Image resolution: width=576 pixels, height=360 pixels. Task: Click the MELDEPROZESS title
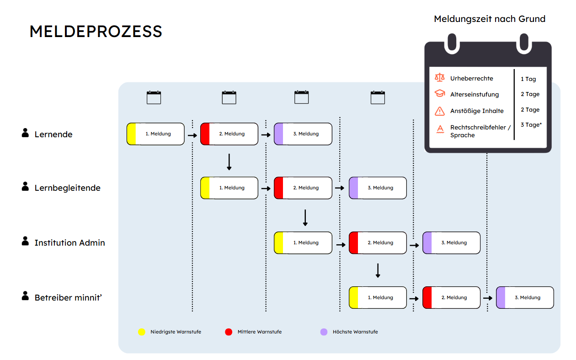pyautogui.click(x=96, y=32)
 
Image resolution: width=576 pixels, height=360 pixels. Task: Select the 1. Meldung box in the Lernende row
pyautogui.click(x=155, y=134)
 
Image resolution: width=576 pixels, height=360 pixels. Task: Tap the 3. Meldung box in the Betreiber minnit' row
pyautogui.click(x=525, y=297)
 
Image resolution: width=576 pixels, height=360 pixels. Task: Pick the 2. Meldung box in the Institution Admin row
pyautogui.click(x=378, y=242)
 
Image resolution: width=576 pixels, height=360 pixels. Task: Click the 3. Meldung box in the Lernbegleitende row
pyautogui.click(x=378, y=188)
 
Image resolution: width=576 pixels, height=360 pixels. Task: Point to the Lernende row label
pyautogui.click(x=53, y=134)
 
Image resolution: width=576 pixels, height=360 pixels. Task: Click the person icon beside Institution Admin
pyautogui.click(x=25, y=241)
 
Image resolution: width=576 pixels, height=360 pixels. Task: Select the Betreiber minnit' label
pyautogui.click(x=68, y=297)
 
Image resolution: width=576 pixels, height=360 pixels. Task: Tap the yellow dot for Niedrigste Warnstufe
pyautogui.click(x=142, y=332)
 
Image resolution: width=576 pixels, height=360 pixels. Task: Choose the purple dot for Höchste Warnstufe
pyautogui.click(x=324, y=332)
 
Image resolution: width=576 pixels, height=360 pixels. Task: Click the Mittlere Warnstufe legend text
pyautogui.click(x=260, y=332)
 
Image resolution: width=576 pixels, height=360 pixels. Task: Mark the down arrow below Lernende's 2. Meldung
pyautogui.click(x=229, y=162)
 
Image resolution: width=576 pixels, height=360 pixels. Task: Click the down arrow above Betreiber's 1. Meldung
pyautogui.click(x=378, y=270)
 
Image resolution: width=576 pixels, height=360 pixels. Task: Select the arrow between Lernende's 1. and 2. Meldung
pyautogui.click(x=192, y=135)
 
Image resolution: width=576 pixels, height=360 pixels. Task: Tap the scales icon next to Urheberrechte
pyautogui.click(x=440, y=77)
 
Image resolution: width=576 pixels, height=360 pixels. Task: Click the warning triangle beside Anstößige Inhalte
pyautogui.click(x=440, y=111)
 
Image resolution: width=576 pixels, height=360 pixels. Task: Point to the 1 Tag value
pyautogui.click(x=528, y=79)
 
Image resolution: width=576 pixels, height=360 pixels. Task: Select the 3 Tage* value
pyautogui.click(x=531, y=125)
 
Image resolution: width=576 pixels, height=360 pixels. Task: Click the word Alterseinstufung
pyautogui.click(x=475, y=94)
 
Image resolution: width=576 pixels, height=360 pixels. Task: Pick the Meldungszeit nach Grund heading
pyautogui.click(x=490, y=19)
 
